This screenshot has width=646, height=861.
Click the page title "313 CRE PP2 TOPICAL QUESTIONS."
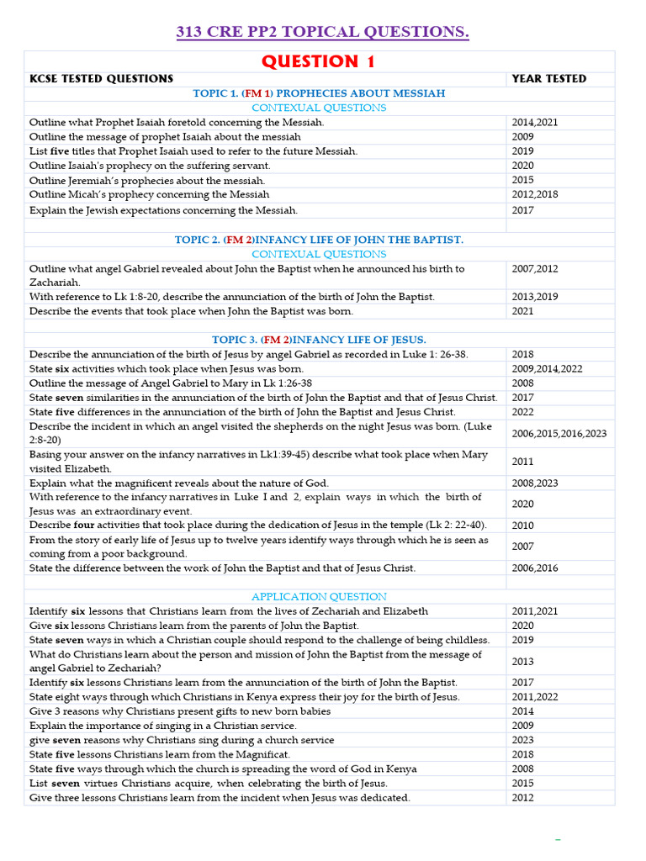tap(322, 33)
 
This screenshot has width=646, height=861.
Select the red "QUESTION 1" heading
tap(318, 61)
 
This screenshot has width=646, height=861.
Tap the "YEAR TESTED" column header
tap(548, 79)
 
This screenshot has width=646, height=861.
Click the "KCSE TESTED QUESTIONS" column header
tap(101, 79)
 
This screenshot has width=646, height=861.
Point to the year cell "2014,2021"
tap(534, 122)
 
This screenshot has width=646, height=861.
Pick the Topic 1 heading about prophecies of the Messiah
tap(319, 93)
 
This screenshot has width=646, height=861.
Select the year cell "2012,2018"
tap(534, 194)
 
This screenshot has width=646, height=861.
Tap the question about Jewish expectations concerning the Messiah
tap(163, 210)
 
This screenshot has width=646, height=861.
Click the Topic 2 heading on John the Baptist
tap(319, 240)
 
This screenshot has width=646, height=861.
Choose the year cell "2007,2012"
tap(534, 269)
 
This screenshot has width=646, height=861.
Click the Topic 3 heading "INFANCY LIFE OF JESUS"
tap(319, 340)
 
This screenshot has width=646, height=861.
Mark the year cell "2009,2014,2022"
tap(547, 369)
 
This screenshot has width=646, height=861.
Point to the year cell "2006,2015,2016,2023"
tap(559, 434)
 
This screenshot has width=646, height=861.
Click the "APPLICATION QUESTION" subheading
tap(319, 596)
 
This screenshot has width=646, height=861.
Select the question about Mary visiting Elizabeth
tap(258, 462)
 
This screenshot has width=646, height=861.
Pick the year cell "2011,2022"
tap(534, 697)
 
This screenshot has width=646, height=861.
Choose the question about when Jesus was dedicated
tap(220, 797)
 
